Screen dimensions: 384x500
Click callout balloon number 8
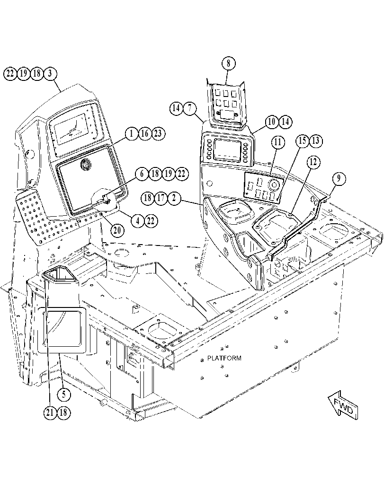[x=228, y=63]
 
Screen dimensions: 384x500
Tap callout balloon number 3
[x=50, y=74]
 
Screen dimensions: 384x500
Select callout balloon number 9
[x=339, y=179]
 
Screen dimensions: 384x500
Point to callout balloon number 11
[x=278, y=142]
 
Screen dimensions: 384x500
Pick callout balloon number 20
[x=117, y=230]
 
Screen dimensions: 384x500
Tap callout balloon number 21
[x=50, y=412]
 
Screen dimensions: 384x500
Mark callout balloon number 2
[x=174, y=198]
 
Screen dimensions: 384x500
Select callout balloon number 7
[x=189, y=108]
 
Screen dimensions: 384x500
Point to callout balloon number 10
[x=272, y=122]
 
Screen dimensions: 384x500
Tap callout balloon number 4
[x=138, y=220]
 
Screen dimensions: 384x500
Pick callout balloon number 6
[x=142, y=174]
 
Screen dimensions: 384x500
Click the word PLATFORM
[x=224, y=358]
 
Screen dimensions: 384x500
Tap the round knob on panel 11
[x=274, y=184]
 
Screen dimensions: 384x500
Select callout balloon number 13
[x=316, y=140]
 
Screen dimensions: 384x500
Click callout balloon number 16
[x=144, y=133]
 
